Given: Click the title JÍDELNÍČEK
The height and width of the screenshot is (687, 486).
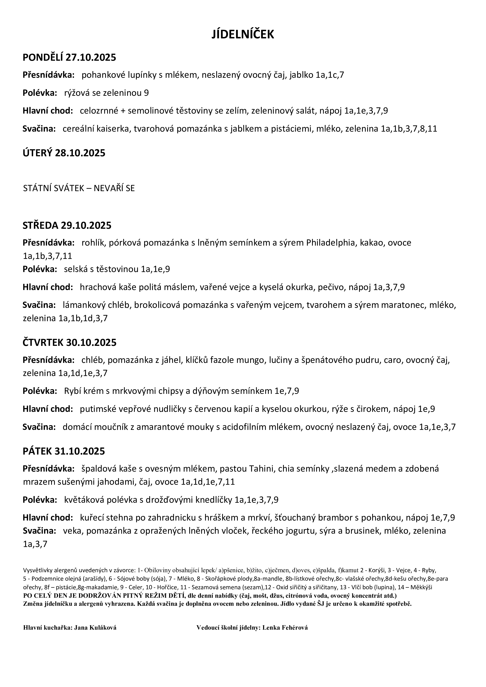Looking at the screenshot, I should coord(243,35).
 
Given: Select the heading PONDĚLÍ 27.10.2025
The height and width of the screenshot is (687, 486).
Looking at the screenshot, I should coord(69,57).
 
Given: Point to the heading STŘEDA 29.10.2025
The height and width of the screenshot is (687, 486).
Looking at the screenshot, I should coord(67,225).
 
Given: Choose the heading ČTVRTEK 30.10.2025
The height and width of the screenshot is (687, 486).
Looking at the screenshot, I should coord(69,342).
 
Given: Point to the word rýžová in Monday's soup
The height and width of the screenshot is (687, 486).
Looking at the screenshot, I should coord(75,93).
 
